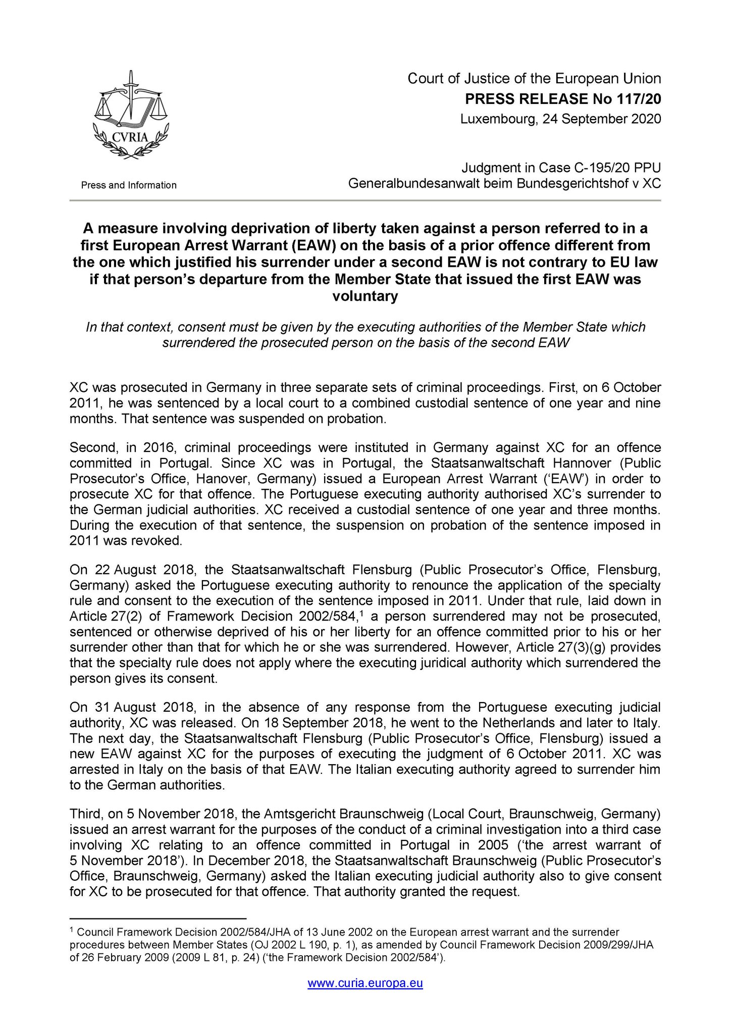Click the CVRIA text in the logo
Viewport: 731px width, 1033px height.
130,136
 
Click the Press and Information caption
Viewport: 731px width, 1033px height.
129,185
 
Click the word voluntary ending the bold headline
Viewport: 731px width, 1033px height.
365,296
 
